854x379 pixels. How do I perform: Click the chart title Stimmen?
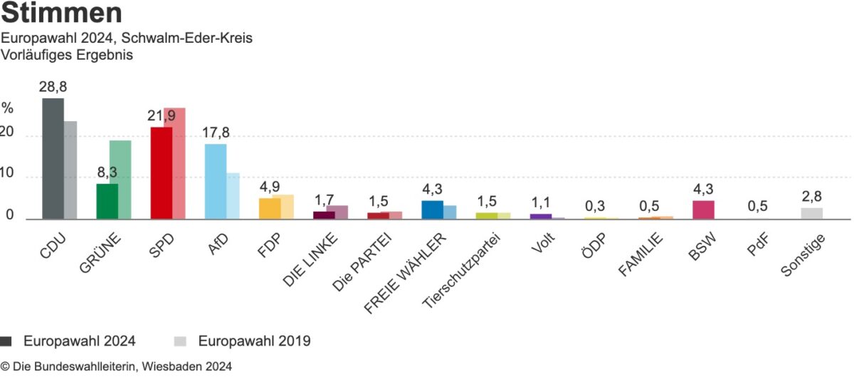(x=62, y=14)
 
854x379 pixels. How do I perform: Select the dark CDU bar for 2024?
(x=53, y=158)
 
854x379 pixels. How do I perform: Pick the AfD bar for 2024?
(x=215, y=182)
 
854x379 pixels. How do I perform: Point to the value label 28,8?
(x=53, y=87)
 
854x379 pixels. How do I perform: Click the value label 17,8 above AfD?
(x=216, y=133)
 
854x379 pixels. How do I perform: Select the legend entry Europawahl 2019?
(x=254, y=341)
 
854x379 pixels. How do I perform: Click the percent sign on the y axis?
(x=7, y=108)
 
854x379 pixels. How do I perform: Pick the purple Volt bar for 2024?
(x=540, y=216)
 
